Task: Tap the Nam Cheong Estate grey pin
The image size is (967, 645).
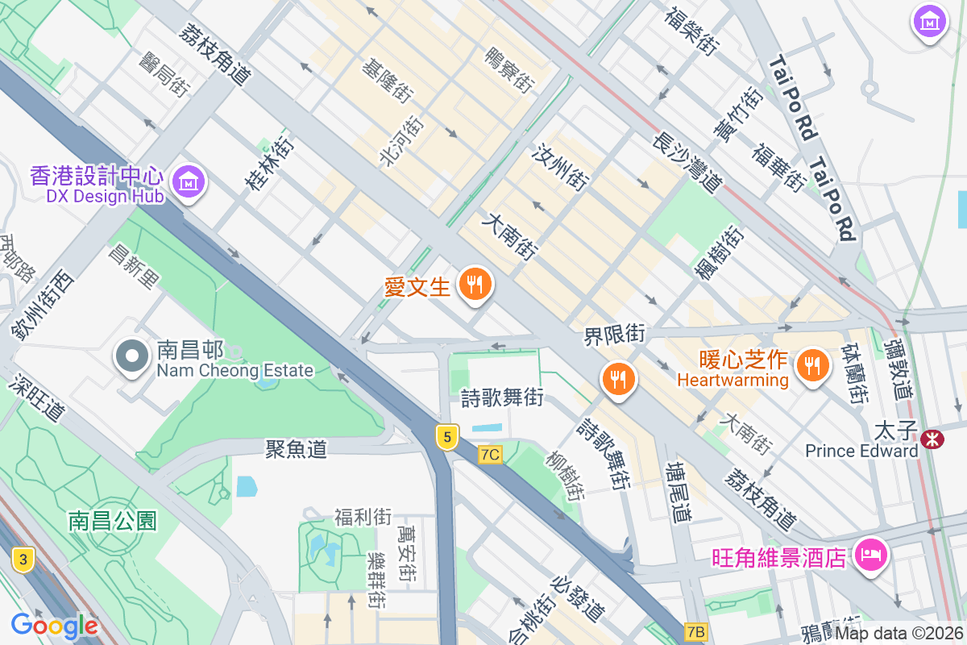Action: point(131,356)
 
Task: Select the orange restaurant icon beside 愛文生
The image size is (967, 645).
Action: point(475,285)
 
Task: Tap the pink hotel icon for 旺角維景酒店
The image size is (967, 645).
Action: point(870,555)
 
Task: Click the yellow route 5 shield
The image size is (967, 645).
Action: point(447,437)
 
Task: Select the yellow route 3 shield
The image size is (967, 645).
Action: point(23,558)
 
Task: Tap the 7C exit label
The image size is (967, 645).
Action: point(490,455)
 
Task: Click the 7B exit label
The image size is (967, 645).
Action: point(695,631)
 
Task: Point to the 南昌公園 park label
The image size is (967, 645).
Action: point(112,520)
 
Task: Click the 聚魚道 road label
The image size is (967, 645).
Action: point(297,449)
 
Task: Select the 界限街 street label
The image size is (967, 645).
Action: point(615,335)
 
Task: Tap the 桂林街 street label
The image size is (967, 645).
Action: point(270,166)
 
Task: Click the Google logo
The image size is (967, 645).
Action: point(54,626)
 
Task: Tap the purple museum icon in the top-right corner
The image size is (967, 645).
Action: point(930,22)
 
